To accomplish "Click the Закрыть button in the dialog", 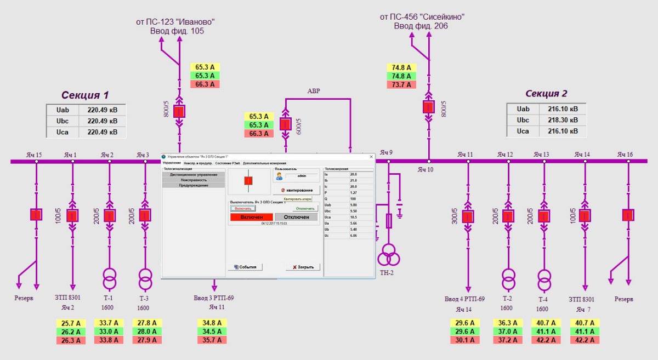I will point(303,267).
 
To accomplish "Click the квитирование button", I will point(297,190).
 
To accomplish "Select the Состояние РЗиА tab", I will point(228,163).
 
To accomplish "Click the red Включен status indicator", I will point(251,217).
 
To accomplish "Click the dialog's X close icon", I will point(371,157).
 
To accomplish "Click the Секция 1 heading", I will point(85,94).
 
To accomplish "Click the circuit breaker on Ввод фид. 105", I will point(179,112).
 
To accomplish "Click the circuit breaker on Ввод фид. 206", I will point(428,107).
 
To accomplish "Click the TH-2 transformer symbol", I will point(388,254).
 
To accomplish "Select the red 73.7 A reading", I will point(401,84).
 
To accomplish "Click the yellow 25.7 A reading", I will point(71,323).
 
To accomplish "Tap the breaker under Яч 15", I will point(36,215).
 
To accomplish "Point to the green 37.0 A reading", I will point(506,332).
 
